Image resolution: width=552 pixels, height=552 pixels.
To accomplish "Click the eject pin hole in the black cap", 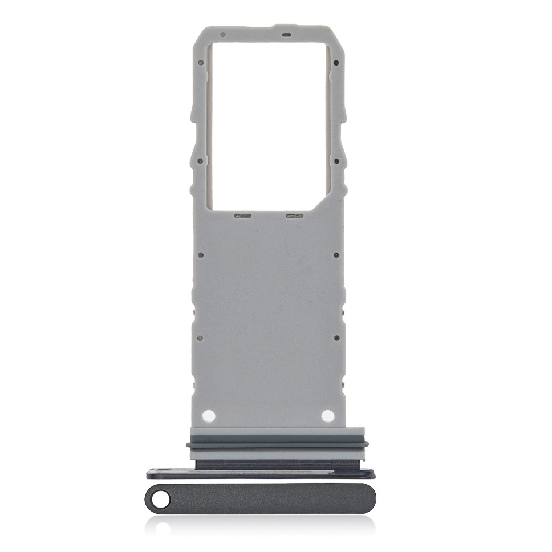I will (163, 500).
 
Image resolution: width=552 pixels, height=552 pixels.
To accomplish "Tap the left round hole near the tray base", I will (209, 415).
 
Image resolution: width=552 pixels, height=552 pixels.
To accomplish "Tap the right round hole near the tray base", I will (327, 415).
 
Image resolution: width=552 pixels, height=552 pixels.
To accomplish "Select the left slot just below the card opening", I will (242, 217).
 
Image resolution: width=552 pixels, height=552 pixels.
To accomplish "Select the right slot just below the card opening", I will (294, 217).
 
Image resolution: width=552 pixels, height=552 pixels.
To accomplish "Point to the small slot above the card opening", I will (286, 35).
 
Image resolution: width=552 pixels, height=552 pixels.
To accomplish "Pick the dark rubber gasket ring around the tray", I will (277, 444).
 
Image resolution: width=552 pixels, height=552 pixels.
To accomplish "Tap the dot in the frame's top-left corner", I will (222, 35).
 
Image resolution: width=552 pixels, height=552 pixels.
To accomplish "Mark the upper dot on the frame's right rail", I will (336, 63).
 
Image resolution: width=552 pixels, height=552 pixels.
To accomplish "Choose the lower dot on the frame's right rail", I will (336, 160).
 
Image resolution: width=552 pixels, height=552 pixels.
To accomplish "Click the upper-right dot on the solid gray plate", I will (336, 255).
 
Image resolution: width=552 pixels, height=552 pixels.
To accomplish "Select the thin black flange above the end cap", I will (261, 473).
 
